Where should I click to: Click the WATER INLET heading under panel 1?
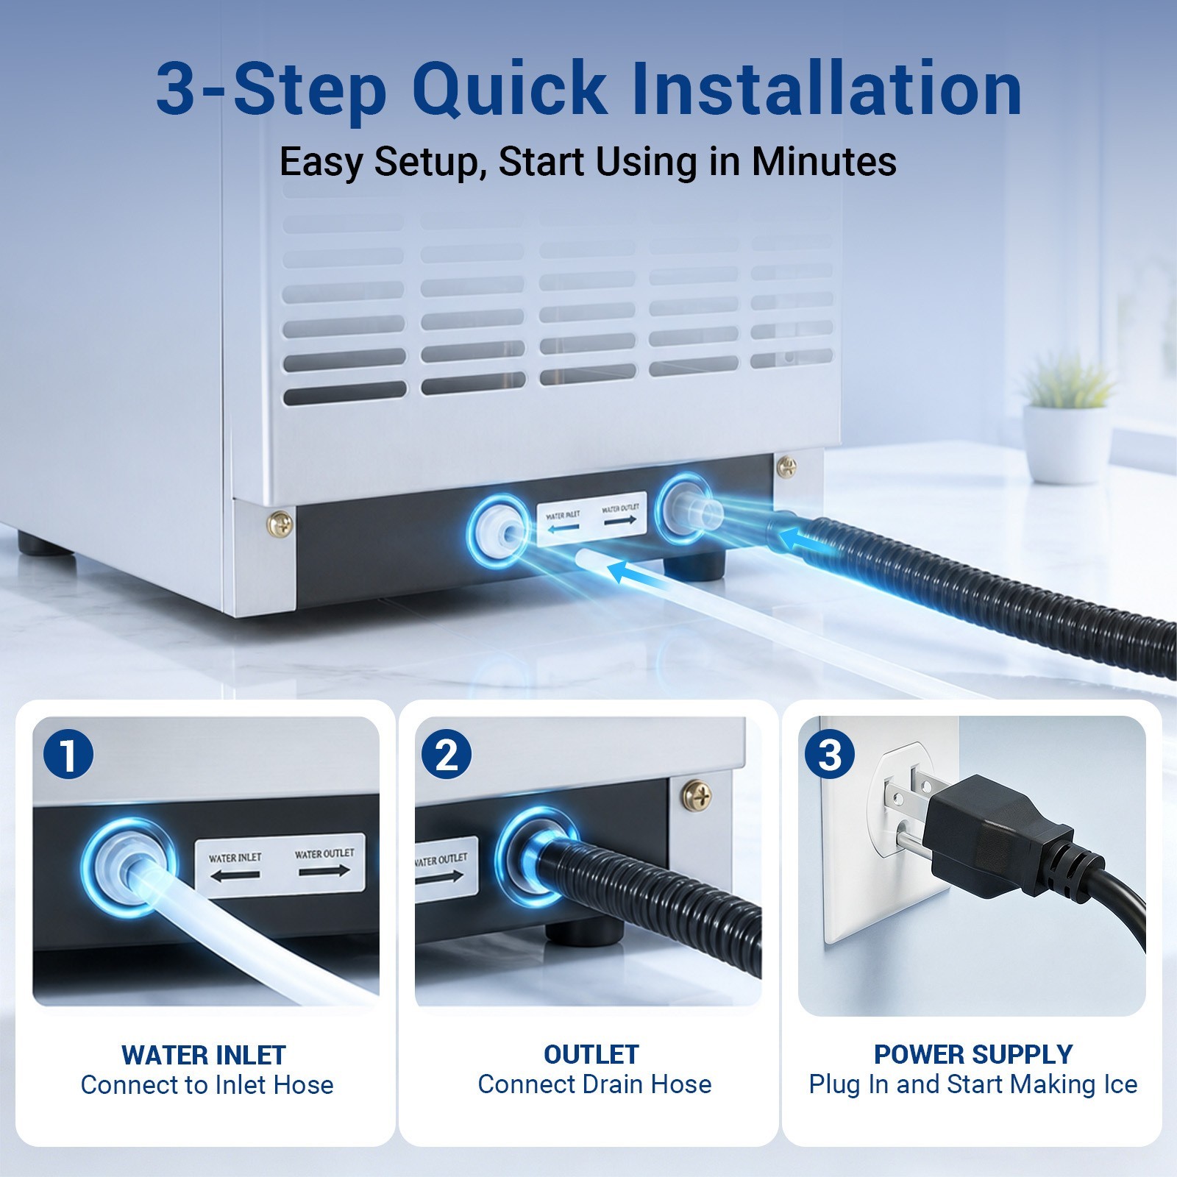204,1055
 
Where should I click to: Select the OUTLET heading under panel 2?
591,1054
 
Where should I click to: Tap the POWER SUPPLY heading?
973,1054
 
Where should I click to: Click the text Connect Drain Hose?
594,1084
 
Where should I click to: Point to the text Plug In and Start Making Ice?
973,1084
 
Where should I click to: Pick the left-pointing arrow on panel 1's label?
235,875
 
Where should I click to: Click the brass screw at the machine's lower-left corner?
280,525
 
